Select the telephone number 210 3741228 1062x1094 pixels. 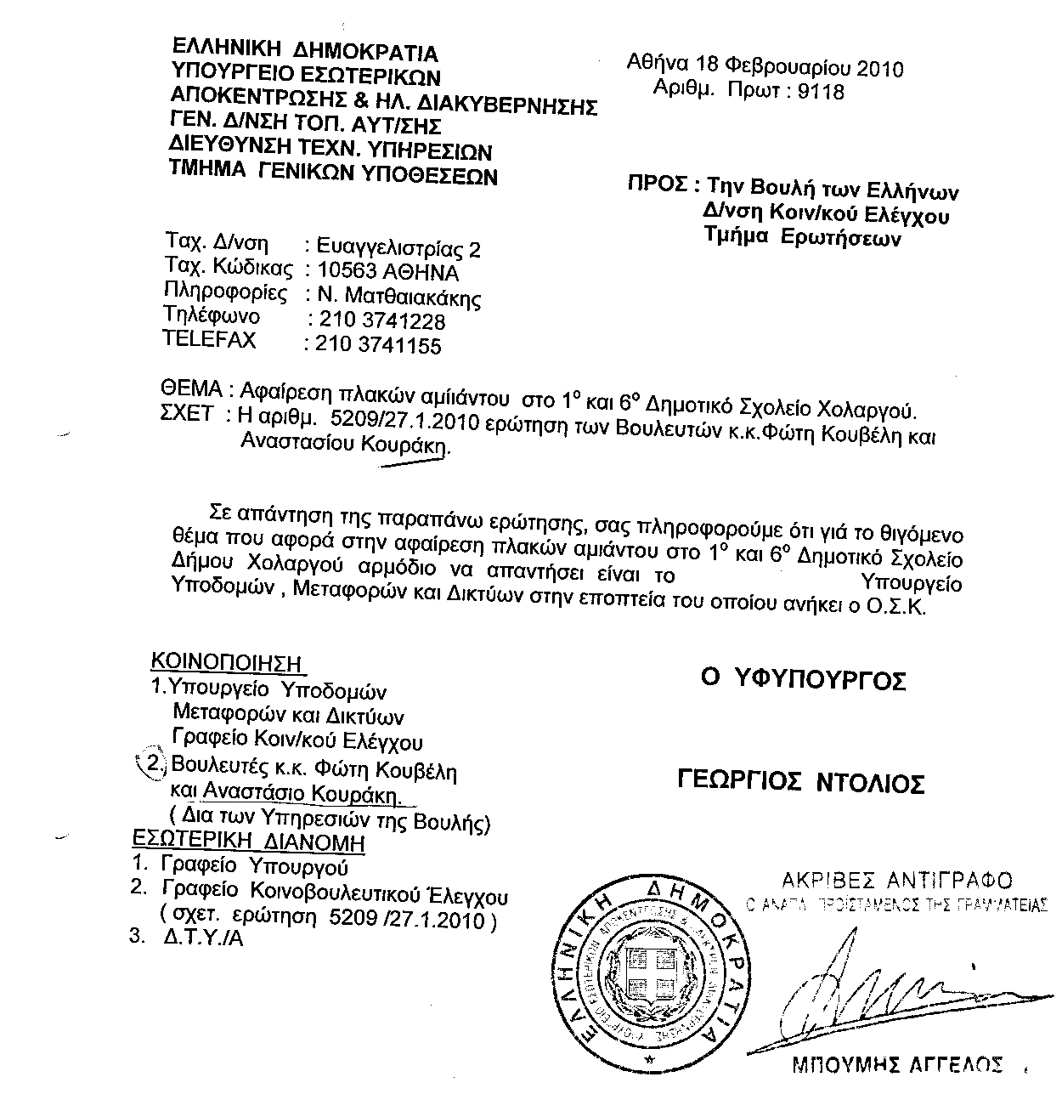pyautogui.click(x=380, y=320)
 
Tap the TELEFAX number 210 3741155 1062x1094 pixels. pyautogui.click(x=379, y=344)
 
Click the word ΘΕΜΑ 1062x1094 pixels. pyautogui.click(x=191, y=390)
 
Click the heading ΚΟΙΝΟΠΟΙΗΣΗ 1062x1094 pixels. pyautogui.click(x=227, y=661)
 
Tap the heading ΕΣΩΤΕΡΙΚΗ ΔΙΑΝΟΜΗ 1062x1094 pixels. pyautogui.click(x=249, y=842)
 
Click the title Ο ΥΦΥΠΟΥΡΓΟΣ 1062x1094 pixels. pyautogui.click(x=803, y=679)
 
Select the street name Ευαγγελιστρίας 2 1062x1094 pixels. pyautogui.click(x=398, y=249)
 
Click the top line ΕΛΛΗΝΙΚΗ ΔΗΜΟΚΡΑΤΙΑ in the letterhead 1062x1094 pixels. pyautogui.click(x=305, y=53)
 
